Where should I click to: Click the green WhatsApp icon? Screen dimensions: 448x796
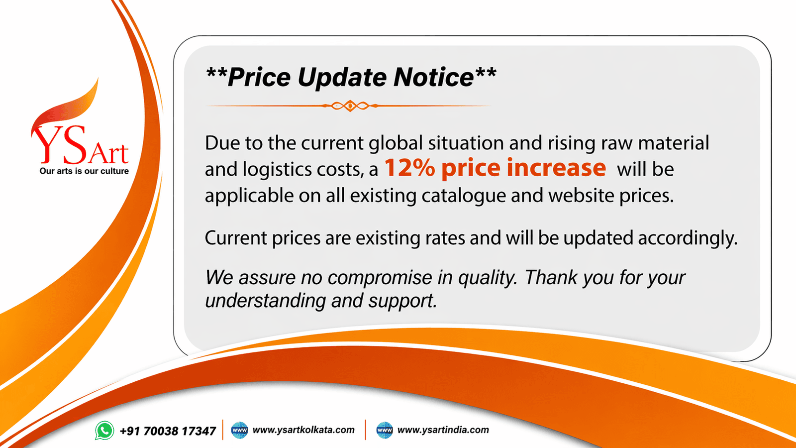(x=104, y=431)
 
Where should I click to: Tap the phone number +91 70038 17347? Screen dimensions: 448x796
(x=168, y=431)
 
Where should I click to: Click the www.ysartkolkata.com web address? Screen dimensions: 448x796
(x=303, y=430)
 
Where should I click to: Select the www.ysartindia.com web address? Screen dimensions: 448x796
(x=443, y=430)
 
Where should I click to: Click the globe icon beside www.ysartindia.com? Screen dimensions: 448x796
(x=385, y=430)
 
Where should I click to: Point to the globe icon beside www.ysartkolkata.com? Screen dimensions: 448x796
(x=240, y=430)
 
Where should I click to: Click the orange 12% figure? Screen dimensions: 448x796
(x=409, y=168)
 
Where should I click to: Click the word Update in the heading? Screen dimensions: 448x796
(x=343, y=78)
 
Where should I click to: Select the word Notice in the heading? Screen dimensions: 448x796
(x=433, y=78)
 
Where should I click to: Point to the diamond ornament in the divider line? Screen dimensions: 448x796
(x=350, y=106)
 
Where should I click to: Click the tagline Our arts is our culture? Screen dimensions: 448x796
(x=84, y=171)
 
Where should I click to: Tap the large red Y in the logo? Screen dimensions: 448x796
(x=46, y=144)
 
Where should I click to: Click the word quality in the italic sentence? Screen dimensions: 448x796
(x=487, y=278)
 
